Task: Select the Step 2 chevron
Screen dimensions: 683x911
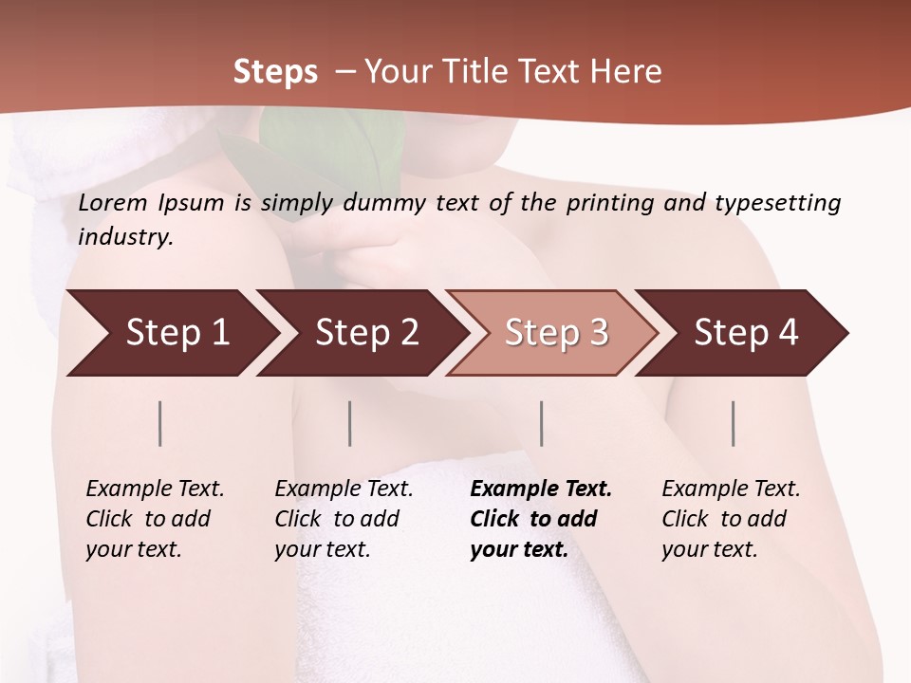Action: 366,333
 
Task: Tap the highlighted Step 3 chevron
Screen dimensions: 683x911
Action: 556,333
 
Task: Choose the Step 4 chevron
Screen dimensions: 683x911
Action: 746,333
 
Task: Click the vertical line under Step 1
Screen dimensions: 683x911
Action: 160,423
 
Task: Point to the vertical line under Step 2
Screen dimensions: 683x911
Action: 350,423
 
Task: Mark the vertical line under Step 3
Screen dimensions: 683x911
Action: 542,423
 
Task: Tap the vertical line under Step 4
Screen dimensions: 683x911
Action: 734,423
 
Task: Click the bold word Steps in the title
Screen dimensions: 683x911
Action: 275,72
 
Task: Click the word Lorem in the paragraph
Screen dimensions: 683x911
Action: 113,202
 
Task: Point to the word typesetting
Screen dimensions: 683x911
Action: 777,203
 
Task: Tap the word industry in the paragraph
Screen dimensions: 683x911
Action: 125,236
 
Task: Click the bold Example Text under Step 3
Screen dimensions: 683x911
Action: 541,489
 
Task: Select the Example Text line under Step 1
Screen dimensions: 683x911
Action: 155,489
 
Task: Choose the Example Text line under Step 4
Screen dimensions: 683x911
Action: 731,489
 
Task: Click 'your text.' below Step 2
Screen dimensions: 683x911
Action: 322,549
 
